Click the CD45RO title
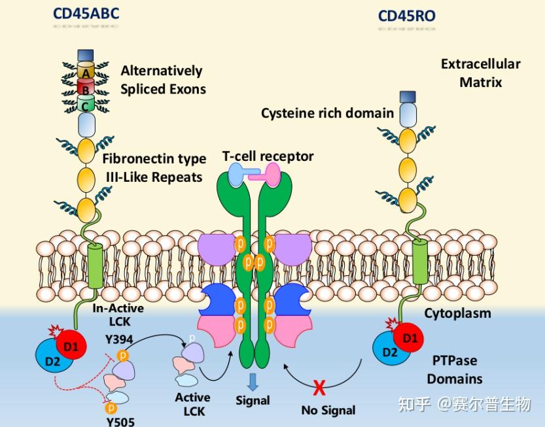[x=406, y=15]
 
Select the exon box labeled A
[x=86, y=72]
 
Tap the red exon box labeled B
[x=86, y=88]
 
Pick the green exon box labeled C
[x=86, y=103]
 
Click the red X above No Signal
[x=319, y=388]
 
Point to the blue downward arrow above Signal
[x=253, y=381]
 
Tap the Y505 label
[x=120, y=421]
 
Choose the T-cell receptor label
[x=268, y=156]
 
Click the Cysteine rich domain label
[x=327, y=113]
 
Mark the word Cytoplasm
[x=457, y=313]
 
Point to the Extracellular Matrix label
[x=480, y=73]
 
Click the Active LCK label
[x=192, y=404]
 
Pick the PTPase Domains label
[x=455, y=369]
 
